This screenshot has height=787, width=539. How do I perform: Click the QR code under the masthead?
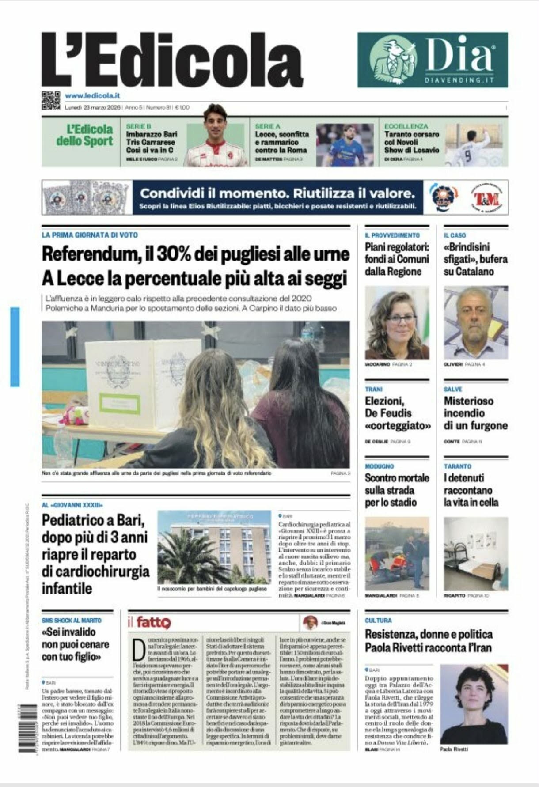(x=50, y=100)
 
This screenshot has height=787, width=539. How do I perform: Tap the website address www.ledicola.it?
(x=92, y=95)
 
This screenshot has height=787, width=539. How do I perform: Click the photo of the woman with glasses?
(x=397, y=323)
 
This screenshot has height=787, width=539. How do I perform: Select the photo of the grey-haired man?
(x=475, y=323)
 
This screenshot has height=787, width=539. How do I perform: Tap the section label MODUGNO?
(x=379, y=466)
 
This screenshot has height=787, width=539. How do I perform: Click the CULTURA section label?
(x=378, y=621)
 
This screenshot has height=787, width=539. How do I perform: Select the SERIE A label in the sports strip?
(x=267, y=126)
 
